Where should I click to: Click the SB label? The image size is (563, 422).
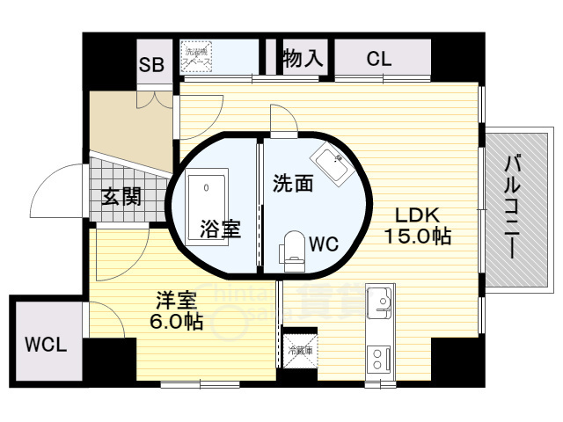click(152, 64)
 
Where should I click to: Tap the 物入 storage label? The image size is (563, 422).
click(303, 59)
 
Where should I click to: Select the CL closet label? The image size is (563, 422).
click(379, 60)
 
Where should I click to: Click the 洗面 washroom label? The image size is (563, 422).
click(293, 185)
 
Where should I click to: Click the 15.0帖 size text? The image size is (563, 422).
click(418, 236)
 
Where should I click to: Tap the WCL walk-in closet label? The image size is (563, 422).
click(45, 342)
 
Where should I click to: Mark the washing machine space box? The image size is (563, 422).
click(194, 57)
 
